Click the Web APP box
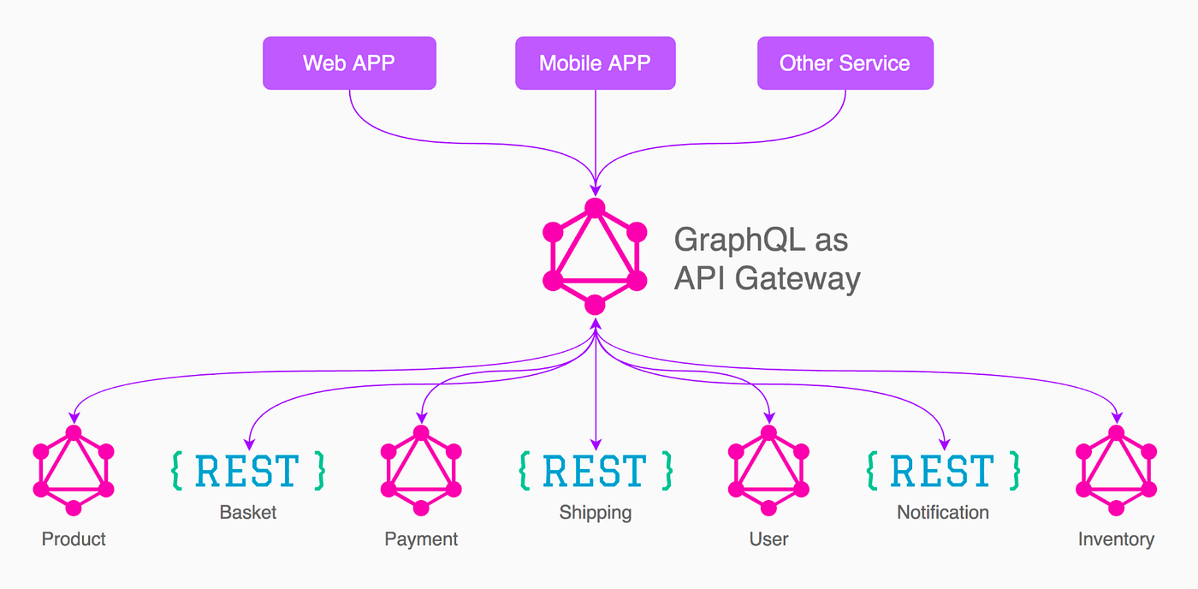click(349, 63)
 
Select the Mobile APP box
click(595, 63)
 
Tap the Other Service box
click(845, 63)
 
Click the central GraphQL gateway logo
click(595, 256)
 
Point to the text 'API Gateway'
click(767, 279)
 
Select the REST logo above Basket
click(248, 470)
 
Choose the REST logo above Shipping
click(596, 470)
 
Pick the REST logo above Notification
click(943, 470)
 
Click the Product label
click(74, 539)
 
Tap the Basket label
click(248, 513)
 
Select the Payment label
click(421, 539)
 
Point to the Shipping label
click(596, 513)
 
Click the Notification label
click(943, 513)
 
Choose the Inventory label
click(1116, 539)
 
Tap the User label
click(768, 539)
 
